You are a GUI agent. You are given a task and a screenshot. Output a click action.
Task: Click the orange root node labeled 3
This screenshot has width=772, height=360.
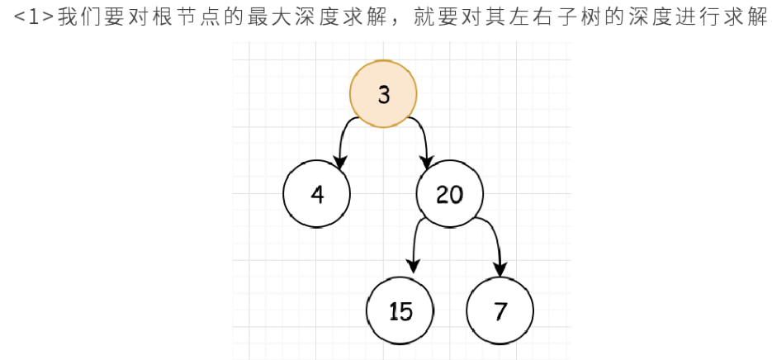tap(383, 94)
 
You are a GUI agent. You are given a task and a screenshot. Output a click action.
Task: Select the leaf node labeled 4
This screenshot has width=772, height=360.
tap(317, 194)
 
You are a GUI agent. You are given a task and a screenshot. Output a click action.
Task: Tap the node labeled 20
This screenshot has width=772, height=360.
tap(450, 194)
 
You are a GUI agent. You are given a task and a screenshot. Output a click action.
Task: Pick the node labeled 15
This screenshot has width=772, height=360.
tap(400, 311)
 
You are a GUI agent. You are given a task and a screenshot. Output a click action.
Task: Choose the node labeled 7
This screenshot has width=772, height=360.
tap(500, 311)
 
